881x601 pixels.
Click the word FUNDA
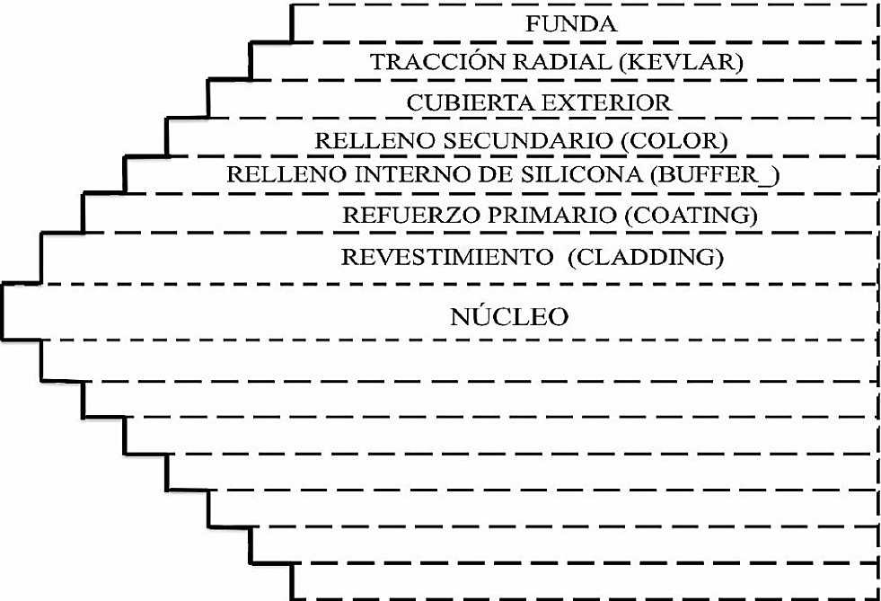(571, 24)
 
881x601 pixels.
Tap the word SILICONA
(585, 174)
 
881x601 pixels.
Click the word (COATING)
(689, 216)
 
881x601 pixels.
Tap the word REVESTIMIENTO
(445, 256)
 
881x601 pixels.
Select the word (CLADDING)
(645, 256)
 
